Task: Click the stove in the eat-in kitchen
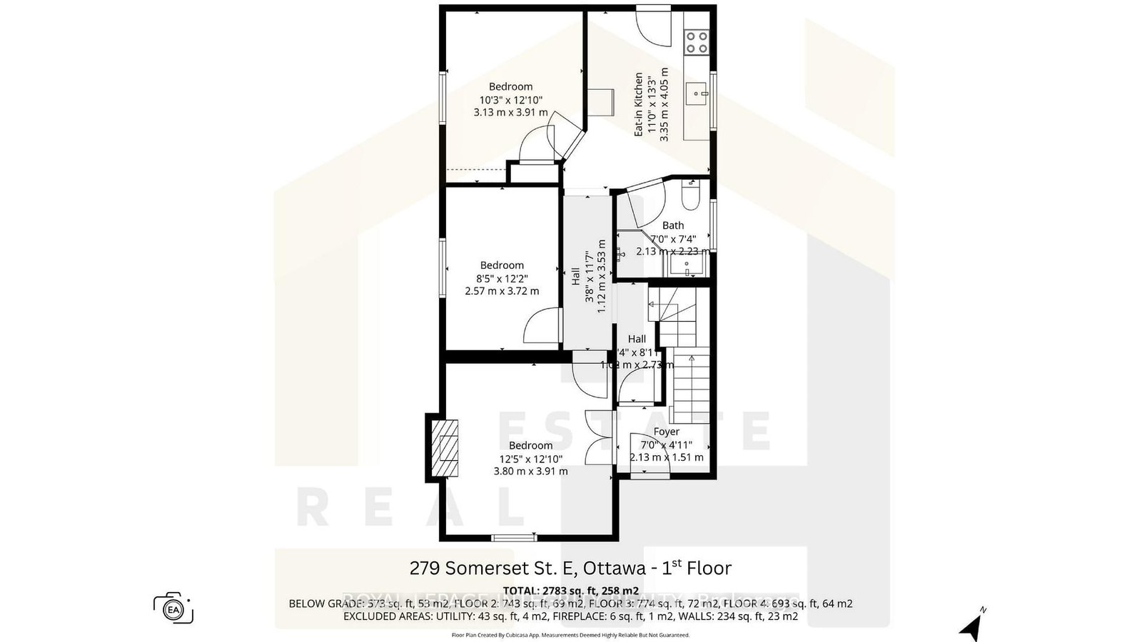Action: (697, 42)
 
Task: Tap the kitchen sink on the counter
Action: (695, 93)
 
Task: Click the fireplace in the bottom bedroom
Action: (446, 448)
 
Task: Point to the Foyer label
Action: (666, 432)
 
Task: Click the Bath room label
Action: (672, 225)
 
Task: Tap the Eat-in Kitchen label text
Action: (639, 104)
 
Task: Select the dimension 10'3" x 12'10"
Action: (510, 100)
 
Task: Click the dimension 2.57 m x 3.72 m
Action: (502, 291)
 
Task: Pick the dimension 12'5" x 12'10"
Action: (530, 459)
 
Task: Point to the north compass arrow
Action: (971, 628)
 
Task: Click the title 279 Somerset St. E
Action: (493, 568)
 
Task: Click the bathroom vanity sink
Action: (687, 266)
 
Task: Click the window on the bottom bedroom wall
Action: (513, 537)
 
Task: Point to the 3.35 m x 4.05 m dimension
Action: (665, 104)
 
